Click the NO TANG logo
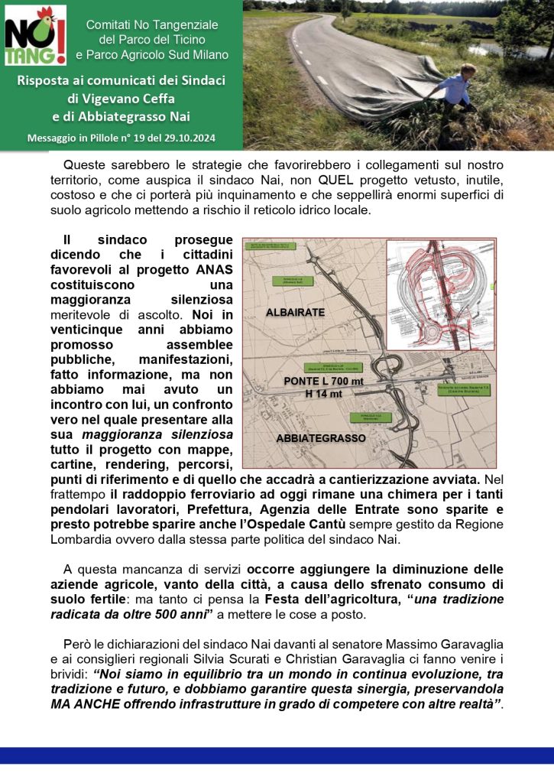[x=35, y=36]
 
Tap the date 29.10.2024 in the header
[x=188, y=138]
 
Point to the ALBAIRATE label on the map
[x=296, y=313]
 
